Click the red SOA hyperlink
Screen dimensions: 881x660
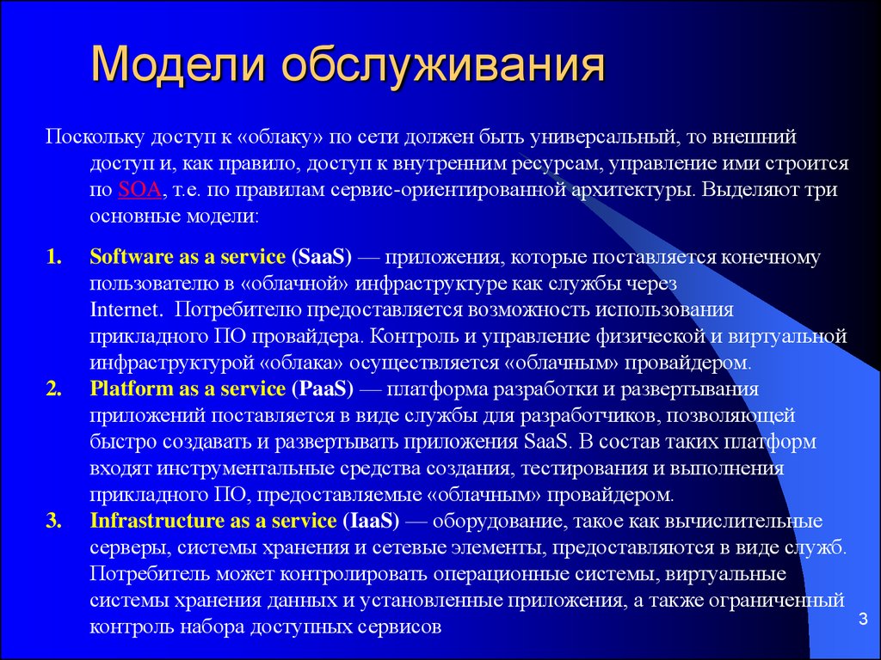pos(139,189)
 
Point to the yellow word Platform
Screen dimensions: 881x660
pos(132,388)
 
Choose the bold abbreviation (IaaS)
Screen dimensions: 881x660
pos(371,521)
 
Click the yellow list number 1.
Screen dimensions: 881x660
pos(53,256)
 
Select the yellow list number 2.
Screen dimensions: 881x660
pos(53,388)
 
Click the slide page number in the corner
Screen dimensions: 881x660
pos(863,619)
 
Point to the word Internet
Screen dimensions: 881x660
pos(125,309)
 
